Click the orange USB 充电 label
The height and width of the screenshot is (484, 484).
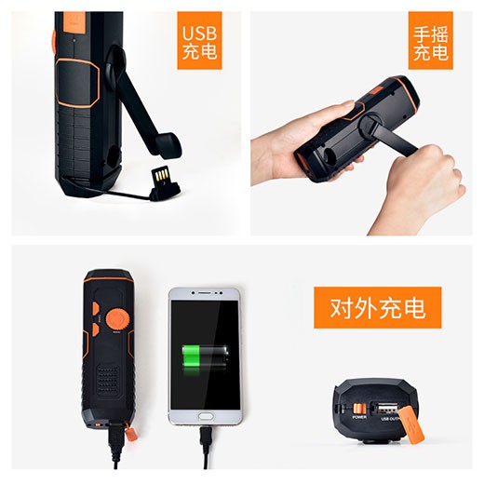tap(200, 42)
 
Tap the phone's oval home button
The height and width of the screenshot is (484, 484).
tap(205, 415)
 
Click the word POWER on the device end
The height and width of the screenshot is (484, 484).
tap(359, 416)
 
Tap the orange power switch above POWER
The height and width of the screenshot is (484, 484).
tap(359, 406)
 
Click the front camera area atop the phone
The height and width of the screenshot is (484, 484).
tap(205, 295)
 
